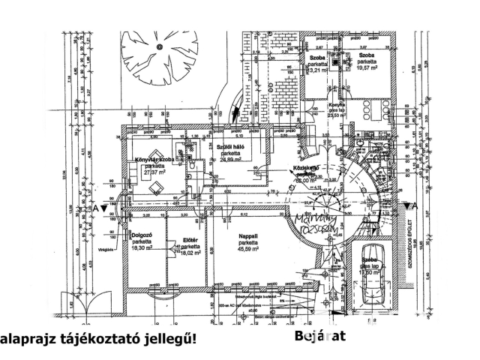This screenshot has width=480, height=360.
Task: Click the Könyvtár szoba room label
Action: tap(154, 160)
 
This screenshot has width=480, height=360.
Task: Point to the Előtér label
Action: tap(190, 240)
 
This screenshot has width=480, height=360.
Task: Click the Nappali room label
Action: tap(249, 236)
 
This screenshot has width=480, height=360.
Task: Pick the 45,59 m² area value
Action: tap(250, 249)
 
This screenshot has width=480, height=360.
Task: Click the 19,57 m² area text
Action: tap(367, 69)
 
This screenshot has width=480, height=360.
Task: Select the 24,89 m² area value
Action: tap(229, 160)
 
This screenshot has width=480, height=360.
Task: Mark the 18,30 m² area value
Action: tap(142, 249)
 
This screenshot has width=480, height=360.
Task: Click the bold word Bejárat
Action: tap(320, 336)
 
